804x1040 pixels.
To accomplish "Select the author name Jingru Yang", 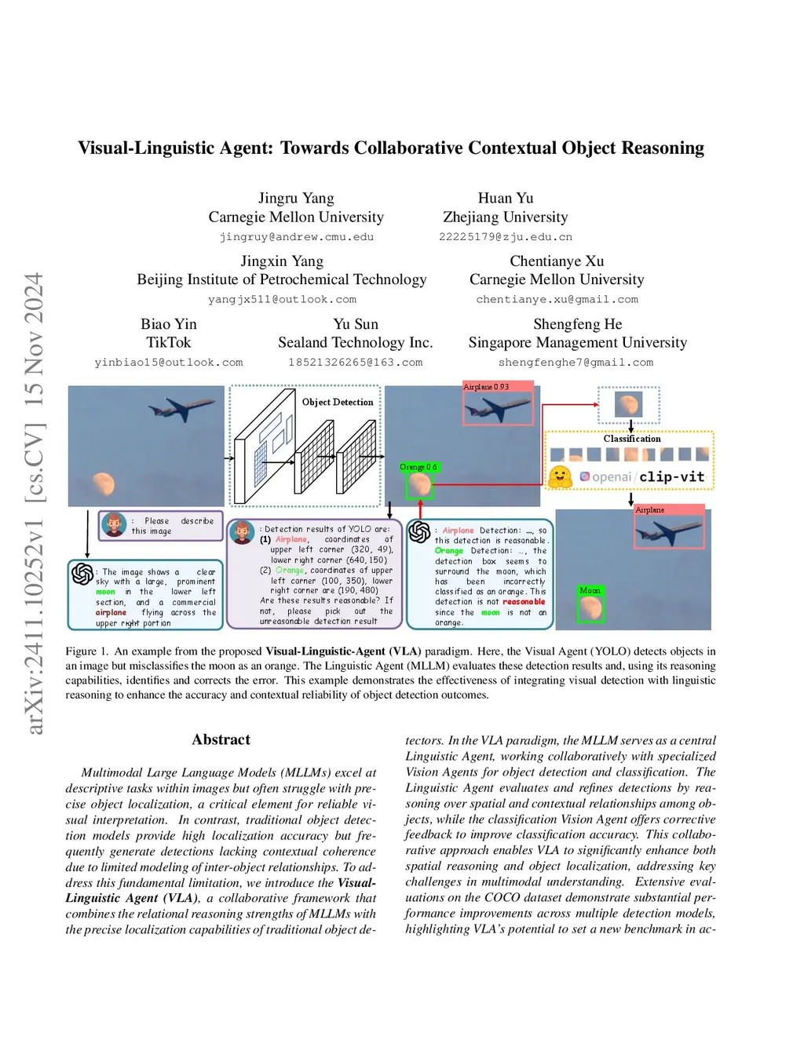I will (296, 198).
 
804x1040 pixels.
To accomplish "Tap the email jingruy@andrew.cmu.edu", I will (296, 236).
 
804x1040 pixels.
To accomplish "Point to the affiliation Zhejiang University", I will (505, 217).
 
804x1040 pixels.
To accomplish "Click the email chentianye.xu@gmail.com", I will (557, 299).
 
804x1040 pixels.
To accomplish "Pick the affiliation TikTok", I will (169, 342).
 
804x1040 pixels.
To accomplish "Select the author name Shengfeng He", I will (577, 324).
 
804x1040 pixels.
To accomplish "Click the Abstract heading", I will (221, 739).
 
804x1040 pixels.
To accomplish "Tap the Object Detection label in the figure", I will (338, 402).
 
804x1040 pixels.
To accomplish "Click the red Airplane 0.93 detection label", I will (487, 387).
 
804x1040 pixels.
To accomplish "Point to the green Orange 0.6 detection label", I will (418, 467).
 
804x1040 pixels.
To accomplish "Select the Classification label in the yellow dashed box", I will (632, 439).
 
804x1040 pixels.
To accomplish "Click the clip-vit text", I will (672, 476).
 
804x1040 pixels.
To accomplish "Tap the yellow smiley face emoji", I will (560, 476).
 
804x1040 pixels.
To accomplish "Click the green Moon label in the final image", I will (590, 590).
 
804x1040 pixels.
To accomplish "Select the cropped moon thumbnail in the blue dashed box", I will (628, 405).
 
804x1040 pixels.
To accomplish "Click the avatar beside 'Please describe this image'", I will (114, 525).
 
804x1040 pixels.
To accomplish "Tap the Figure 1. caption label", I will (81, 651).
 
